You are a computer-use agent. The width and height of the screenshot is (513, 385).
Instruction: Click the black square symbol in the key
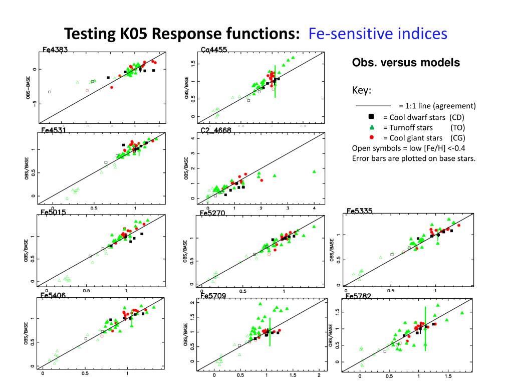[372, 117]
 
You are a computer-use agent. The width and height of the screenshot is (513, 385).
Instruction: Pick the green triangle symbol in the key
[372, 127]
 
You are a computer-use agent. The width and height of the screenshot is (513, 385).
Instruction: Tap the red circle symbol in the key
[372, 137]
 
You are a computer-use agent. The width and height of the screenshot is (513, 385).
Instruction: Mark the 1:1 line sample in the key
[373, 106]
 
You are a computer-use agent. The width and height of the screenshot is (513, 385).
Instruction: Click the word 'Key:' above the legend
[362, 91]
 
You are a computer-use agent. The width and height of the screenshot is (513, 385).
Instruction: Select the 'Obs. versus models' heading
[406, 63]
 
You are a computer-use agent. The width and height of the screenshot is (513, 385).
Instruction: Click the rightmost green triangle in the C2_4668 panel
[314, 171]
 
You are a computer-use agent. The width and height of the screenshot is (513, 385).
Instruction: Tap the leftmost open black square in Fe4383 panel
[50, 92]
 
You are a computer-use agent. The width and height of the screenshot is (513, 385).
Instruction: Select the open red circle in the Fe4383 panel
[87, 91]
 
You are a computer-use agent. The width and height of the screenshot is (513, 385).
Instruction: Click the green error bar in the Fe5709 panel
[270, 332]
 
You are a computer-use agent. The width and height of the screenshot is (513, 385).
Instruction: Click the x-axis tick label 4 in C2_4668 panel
[314, 207]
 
